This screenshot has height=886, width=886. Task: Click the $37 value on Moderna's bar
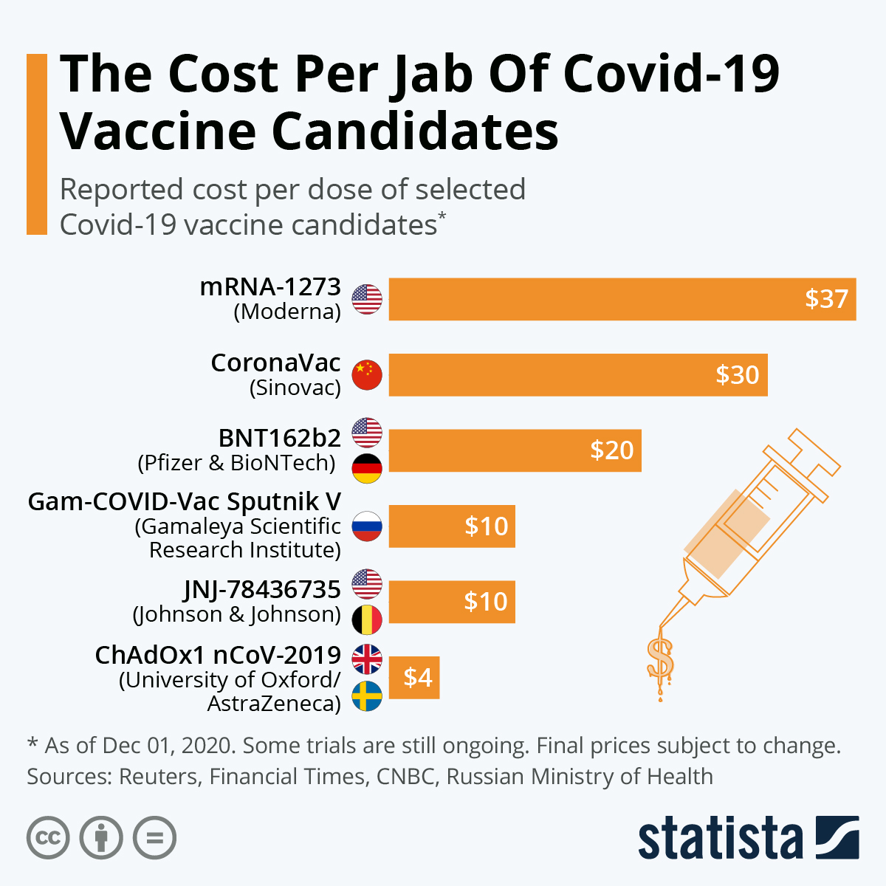point(826,299)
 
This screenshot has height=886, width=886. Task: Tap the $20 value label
point(611,450)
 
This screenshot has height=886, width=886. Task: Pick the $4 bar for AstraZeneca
point(414,677)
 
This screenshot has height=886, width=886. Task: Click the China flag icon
point(367,375)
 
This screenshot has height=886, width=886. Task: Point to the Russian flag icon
point(367,526)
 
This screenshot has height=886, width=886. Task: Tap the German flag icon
point(367,469)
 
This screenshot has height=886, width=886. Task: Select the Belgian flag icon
point(367,620)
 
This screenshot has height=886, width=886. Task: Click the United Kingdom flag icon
point(367,659)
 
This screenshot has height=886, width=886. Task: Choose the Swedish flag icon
point(367,696)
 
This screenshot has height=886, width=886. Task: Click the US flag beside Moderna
point(367,299)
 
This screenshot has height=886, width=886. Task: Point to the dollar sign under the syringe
point(659,658)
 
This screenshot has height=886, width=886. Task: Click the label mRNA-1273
point(270,286)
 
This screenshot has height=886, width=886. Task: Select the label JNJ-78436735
point(262,589)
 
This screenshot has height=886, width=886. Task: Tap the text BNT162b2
point(280,438)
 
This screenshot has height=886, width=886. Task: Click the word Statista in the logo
point(720,839)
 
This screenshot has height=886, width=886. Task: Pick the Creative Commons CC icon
point(48,839)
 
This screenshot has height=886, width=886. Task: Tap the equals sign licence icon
point(155,839)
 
